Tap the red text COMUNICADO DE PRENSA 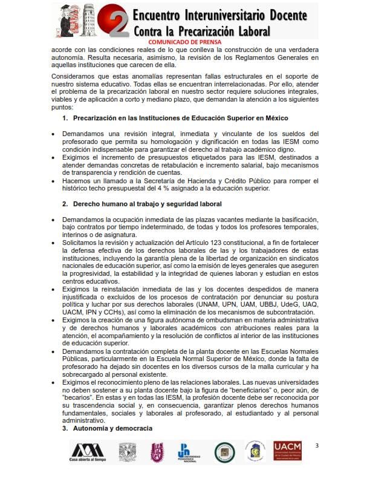tap(185, 42)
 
